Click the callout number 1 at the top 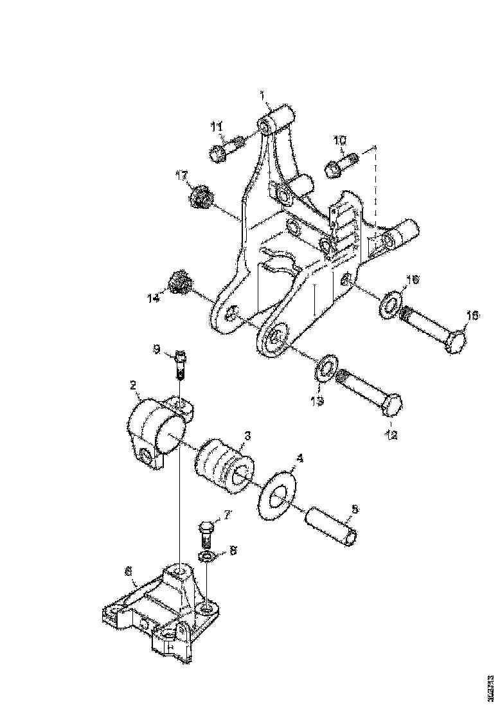[x=263, y=95]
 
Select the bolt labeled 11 [x=224, y=150]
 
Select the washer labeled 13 [x=326, y=366]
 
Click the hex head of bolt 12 [x=392, y=406]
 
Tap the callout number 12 [x=391, y=435]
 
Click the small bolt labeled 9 [x=179, y=367]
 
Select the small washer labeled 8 [x=207, y=555]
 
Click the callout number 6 [x=128, y=569]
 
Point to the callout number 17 [x=183, y=174]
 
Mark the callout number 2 [x=133, y=386]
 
